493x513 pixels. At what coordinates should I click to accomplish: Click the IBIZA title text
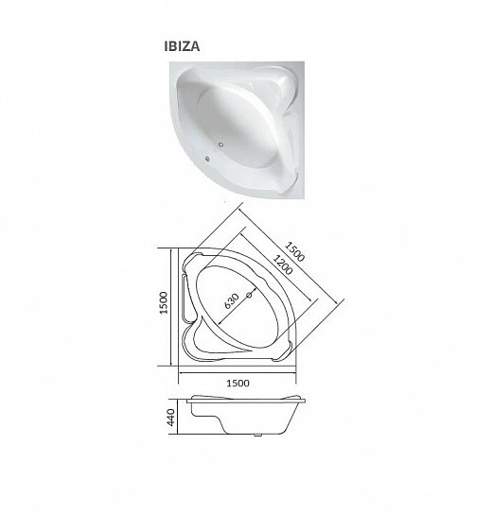182,46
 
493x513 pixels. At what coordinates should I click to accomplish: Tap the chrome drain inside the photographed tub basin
221,144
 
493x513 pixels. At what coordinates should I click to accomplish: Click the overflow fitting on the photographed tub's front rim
207,160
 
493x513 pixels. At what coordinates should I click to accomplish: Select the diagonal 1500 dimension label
294,251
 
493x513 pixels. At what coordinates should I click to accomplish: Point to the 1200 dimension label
282,265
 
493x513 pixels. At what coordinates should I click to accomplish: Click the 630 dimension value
232,301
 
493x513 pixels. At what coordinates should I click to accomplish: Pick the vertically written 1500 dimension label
164,302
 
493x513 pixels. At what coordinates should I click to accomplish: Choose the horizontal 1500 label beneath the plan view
238,383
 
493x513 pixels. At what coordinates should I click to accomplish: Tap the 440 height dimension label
171,418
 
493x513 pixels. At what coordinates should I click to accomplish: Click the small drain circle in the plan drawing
249,295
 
